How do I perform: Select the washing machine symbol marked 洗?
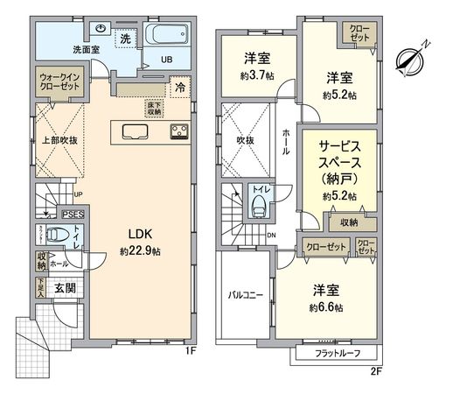[x=126, y=39]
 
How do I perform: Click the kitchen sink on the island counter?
[x=137, y=132]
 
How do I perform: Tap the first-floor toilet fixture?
[x=58, y=235]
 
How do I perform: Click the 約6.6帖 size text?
[x=326, y=308]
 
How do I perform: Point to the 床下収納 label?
[x=155, y=107]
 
